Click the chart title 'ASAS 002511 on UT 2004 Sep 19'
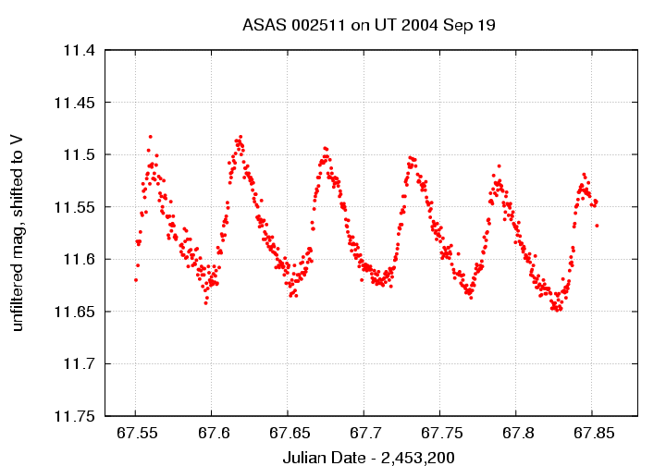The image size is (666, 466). click(369, 25)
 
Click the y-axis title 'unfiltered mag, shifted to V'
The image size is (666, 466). click(18, 232)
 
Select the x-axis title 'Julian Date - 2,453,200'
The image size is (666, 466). click(369, 457)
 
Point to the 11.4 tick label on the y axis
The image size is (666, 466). click(77, 50)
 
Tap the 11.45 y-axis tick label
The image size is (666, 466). click(73, 102)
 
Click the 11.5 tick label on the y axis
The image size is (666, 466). click(77, 154)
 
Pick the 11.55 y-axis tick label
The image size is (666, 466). click(73, 206)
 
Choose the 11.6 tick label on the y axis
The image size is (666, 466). click(77, 259)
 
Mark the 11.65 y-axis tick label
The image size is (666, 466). click(73, 311)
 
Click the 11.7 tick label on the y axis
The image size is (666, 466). click(77, 363)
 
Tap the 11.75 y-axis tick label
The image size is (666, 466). click(73, 415)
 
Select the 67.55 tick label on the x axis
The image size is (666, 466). click(135, 433)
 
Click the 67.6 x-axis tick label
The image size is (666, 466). click(211, 433)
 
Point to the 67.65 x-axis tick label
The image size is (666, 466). click(287, 433)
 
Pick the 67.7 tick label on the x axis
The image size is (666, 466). click(363, 433)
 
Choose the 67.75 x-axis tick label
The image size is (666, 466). click(438, 433)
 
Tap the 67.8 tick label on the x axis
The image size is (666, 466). click(514, 433)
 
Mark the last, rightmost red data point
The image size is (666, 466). click(598, 225)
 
